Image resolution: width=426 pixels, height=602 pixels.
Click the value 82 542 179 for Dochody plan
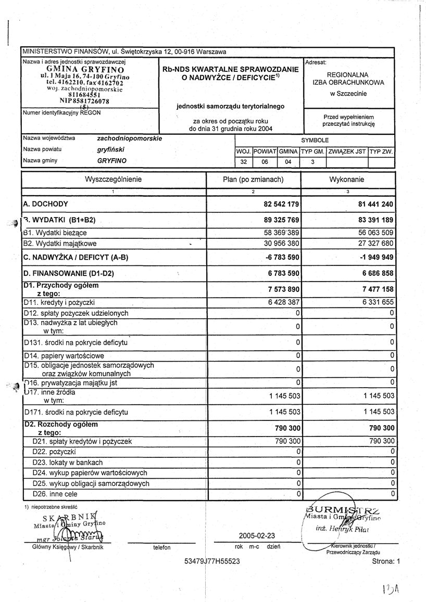281,203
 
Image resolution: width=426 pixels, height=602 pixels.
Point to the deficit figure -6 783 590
281,258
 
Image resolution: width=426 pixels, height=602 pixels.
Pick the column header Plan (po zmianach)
253,180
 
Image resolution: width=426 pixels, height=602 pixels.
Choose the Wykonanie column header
346,180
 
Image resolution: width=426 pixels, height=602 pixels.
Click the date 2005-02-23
257,535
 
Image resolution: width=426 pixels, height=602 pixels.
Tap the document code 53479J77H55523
212,561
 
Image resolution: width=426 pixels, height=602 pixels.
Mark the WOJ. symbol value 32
243,162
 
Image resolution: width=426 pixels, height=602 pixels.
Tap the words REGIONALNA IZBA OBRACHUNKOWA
348,79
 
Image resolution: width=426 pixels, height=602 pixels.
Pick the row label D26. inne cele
55,493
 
